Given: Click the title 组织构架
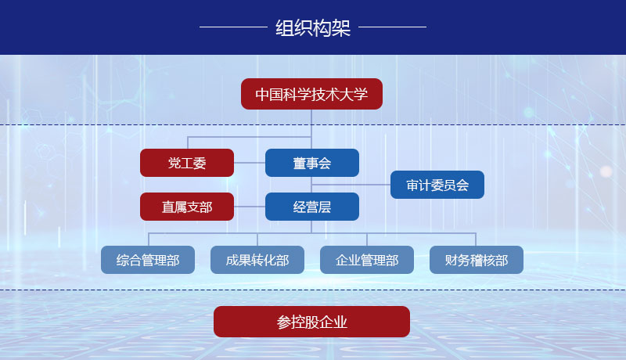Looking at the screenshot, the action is pyautogui.click(x=313, y=28).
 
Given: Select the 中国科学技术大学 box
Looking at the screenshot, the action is pyautogui.click(x=311, y=94).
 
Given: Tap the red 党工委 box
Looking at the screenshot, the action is pyautogui.click(x=187, y=163).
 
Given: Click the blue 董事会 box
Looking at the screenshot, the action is pyautogui.click(x=312, y=163).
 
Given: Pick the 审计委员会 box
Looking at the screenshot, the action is pyautogui.click(x=437, y=185).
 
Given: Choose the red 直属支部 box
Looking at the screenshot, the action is pyautogui.click(x=187, y=207).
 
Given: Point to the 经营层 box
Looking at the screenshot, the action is pyautogui.click(x=312, y=207).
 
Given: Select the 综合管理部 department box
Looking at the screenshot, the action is pyautogui.click(x=148, y=260).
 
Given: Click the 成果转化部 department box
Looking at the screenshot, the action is pyautogui.click(x=257, y=260).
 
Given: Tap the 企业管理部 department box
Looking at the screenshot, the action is pyautogui.click(x=367, y=260).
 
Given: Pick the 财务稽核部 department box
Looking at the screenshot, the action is pyautogui.click(x=477, y=260).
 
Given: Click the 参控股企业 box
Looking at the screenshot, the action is pyautogui.click(x=311, y=322).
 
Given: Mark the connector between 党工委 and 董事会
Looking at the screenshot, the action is pyautogui.click(x=250, y=163).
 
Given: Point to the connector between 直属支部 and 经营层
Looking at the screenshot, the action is pyautogui.click(x=250, y=207).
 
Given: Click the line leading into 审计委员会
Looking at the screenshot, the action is pyautogui.click(x=351, y=185).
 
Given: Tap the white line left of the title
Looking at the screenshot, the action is pyautogui.click(x=233, y=27).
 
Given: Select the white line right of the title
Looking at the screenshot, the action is pyautogui.click(x=393, y=27).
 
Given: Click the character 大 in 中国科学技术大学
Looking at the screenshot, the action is pyautogui.click(x=347, y=95).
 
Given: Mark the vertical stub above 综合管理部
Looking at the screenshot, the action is pyautogui.click(x=149, y=239).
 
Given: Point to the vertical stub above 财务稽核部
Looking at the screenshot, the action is pyautogui.click(x=476, y=239).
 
